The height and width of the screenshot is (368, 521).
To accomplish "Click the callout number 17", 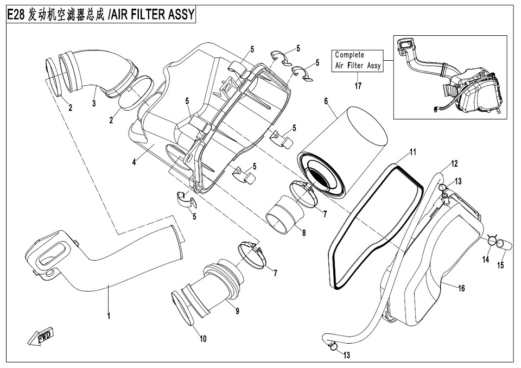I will coord(358,85).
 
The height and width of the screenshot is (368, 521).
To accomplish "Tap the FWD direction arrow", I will coord(39,337).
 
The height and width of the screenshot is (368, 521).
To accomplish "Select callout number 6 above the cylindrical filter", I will coord(326,101).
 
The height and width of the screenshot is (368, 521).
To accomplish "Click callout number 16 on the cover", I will coord(461,288).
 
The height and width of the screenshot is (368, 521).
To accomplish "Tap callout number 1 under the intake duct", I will coord(109,315).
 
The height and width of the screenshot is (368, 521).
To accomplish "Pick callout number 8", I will coord(304,233).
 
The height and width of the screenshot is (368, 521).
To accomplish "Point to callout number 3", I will coord(93,103).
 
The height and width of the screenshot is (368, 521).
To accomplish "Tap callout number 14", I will coord(486,260).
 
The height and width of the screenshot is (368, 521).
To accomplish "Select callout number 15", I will coord(501,265).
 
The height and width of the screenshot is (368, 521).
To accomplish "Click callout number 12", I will coord(454,163).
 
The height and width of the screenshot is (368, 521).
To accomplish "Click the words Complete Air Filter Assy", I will coord(358,60).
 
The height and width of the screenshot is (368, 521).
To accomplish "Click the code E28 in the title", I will coord(17,15).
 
